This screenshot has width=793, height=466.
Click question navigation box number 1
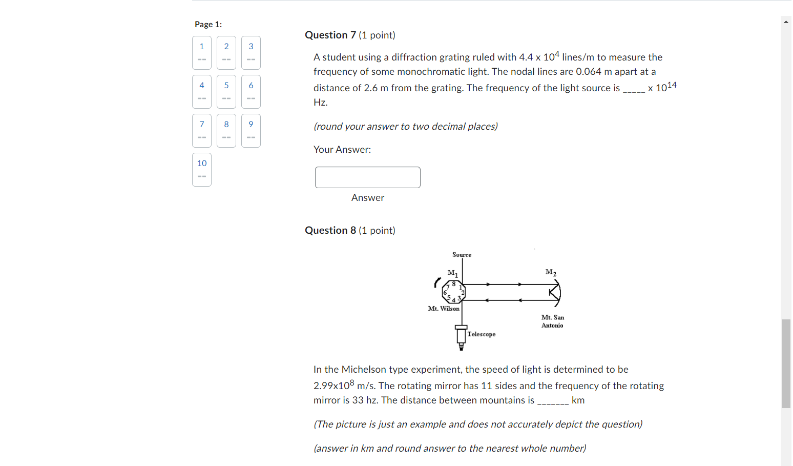pos(202,52)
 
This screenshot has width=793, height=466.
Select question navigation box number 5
pos(226,91)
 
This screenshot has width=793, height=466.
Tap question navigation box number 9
pos(251,130)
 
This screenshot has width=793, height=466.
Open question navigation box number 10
pos(202,169)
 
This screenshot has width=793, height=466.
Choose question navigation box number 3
pos(251,52)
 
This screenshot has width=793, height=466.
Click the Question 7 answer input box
pos(367,177)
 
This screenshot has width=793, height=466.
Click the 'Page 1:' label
pos(208,24)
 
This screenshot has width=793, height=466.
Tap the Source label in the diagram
pos(462,255)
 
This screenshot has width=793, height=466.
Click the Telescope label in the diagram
pos(482,334)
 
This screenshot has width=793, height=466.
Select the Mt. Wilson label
pos(444,309)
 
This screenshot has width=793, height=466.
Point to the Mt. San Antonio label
pos(552,321)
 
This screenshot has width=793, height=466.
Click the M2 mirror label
pos(551,272)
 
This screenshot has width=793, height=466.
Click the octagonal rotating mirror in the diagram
pos(453,292)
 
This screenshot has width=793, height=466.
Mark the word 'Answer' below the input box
pos(367,198)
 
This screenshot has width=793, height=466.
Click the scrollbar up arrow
pos(786,22)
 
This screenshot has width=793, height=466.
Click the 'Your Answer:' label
pos(342,150)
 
